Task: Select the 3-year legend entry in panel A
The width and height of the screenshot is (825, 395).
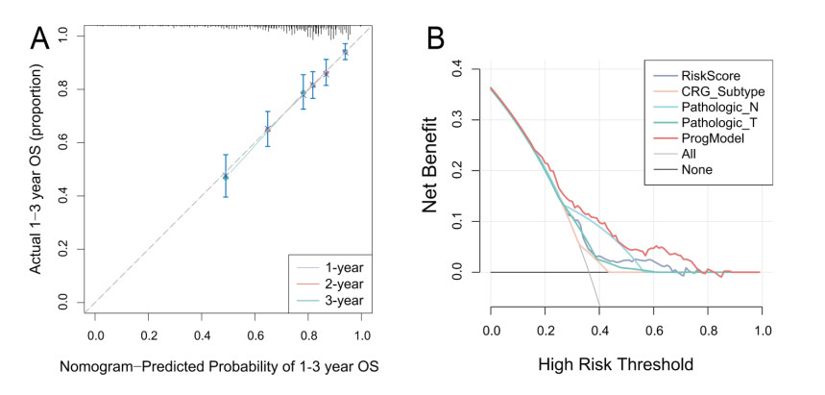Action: tap(337, 302)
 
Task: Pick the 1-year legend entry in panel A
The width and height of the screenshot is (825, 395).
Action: tap(337, 267)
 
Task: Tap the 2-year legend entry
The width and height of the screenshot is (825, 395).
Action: tap(337, 284)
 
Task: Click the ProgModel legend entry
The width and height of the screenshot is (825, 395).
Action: tap(713, 137)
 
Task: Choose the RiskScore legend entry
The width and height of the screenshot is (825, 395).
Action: tap(711, 75)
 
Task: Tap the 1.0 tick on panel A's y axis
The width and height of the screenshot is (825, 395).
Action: tap(62, 36)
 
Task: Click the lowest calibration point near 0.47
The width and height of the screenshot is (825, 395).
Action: tap(226, 176)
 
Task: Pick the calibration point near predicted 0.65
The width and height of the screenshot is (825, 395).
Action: tap(268, 129)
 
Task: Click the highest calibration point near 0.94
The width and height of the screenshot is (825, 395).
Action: tap(345, 52)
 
